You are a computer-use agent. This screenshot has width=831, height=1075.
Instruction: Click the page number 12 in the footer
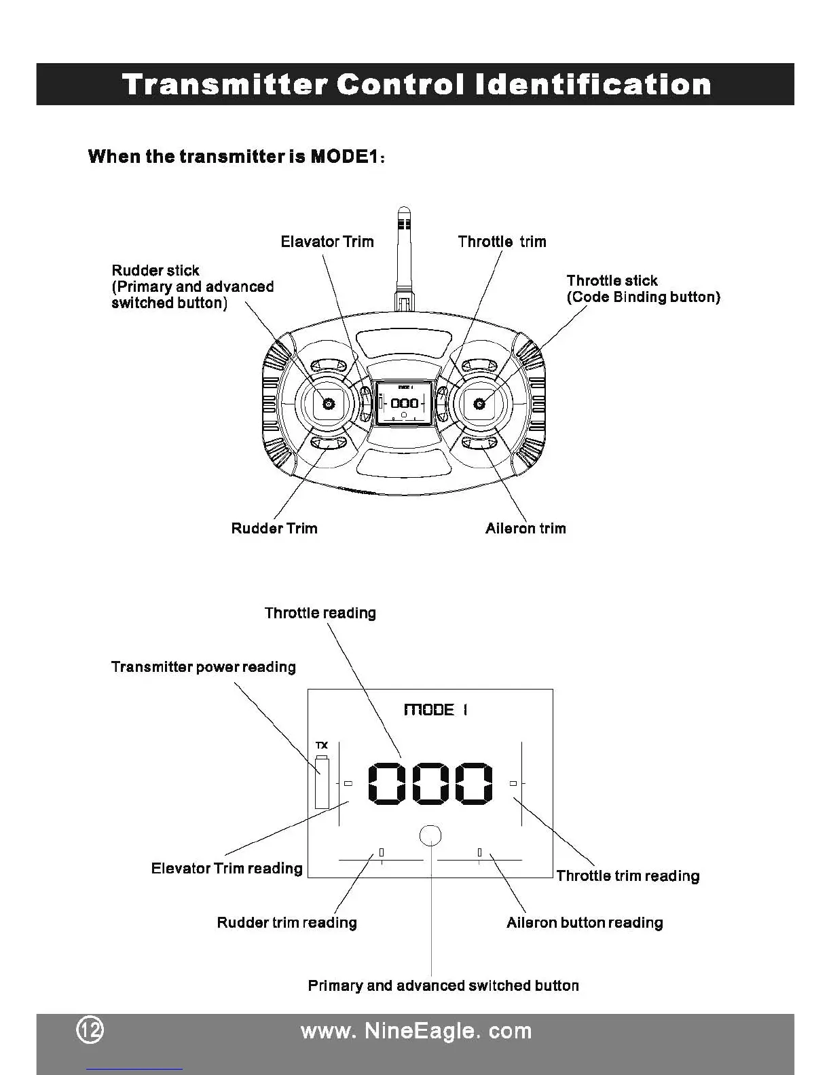(90, 1031)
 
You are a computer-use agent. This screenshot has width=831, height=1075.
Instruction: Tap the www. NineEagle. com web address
(415, 1031)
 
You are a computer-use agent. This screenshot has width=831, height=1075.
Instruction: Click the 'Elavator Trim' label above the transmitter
(327, 242)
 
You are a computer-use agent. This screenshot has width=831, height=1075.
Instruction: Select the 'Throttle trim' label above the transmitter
(502, 242)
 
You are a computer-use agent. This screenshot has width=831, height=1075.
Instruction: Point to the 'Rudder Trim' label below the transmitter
(274, 528)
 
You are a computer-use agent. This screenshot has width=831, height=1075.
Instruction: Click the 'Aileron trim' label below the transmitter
(525, 528)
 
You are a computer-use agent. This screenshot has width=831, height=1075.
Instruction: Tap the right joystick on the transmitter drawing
(479, 404)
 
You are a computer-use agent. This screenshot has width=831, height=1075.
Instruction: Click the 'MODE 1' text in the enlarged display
(435, 710)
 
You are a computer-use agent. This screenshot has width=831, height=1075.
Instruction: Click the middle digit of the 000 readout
(430, 783)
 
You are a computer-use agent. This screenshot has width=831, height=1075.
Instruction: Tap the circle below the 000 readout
(430, 835)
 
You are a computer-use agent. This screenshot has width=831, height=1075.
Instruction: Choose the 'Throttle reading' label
(320, 613)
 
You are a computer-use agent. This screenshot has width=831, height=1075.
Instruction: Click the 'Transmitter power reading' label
(203, 666)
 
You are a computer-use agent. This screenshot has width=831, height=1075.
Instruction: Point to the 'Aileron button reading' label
(584, 922)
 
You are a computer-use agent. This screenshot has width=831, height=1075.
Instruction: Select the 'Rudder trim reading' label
(287, 922)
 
